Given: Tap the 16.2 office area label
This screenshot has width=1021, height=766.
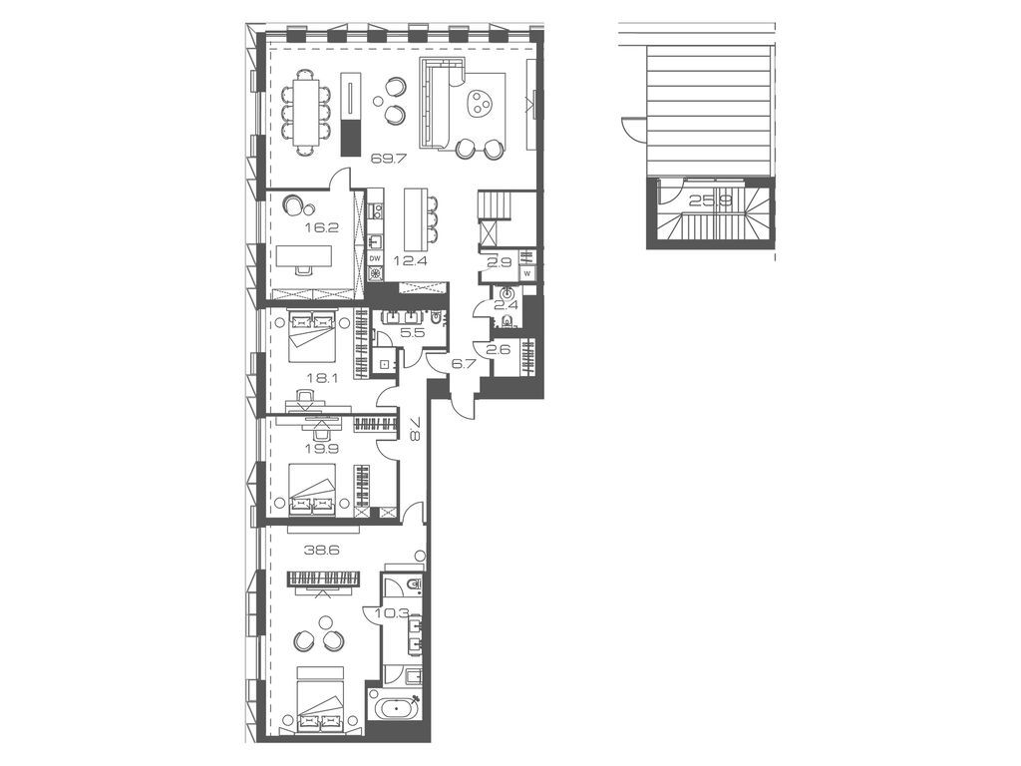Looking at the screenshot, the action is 318,228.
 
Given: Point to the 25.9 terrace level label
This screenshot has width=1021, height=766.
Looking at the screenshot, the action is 707,200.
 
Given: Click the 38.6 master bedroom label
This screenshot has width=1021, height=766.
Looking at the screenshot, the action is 318,550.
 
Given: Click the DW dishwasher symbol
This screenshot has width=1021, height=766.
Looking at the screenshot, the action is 375,258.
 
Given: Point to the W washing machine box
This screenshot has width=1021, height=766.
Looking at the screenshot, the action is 526,272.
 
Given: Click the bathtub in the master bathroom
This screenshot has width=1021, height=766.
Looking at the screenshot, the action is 396,705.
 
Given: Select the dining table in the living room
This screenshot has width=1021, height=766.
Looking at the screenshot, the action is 306,113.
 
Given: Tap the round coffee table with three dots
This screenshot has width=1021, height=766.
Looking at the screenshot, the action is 480,103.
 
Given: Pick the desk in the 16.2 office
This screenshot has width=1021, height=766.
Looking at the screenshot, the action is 303,255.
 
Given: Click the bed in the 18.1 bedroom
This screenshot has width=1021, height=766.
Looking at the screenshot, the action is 312,336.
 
